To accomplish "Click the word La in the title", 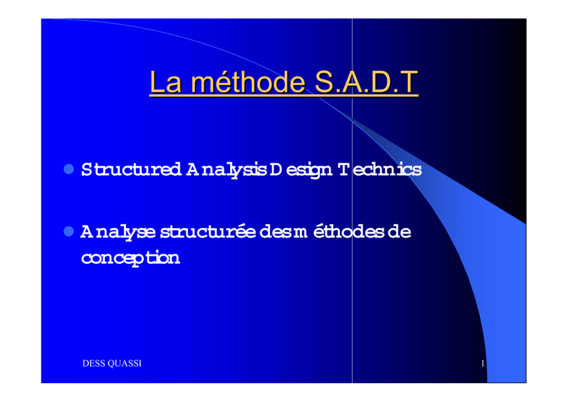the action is (x=165, y=83).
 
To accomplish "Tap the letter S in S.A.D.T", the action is (x=324, y=82).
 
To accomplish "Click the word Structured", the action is (x=132, y=169).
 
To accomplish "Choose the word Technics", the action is (x=380, y=169).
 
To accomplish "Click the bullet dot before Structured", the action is (x=69, y=169).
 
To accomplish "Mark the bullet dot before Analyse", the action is (x=69, y=231).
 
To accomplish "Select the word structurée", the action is (x=208, y=232).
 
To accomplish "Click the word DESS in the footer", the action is (x=93, y=363).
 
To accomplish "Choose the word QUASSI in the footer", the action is (x=125, y=363).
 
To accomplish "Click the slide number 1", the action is (x=483, y=363).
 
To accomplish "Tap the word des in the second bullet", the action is (x=275, y=232).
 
